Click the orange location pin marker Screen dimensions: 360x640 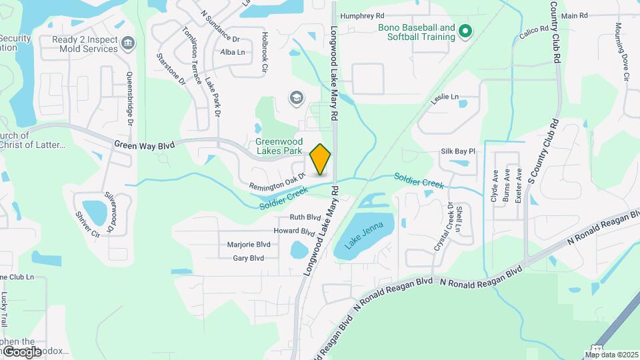(x=321, y=159)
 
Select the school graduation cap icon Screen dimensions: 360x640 (x=295, y=99)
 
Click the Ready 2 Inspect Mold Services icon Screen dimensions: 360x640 (x=127, y=44)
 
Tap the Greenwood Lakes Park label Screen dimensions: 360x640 (x=280, y=147)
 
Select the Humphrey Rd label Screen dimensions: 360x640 (x=362, y=15)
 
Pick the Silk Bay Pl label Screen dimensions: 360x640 (x=457, y=151)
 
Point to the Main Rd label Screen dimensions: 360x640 (x=574, y=15)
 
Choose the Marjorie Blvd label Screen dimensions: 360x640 (x=249, y=245)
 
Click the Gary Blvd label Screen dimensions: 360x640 (x=248, y=258)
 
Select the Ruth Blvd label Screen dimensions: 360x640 (x=305, y=217)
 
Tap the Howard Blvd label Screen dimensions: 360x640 (x=294, y=231)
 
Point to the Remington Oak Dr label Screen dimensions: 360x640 (x=277, y=181)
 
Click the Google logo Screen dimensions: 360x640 (x=21, y=351)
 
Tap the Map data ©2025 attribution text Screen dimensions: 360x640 (x=611, y=355)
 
